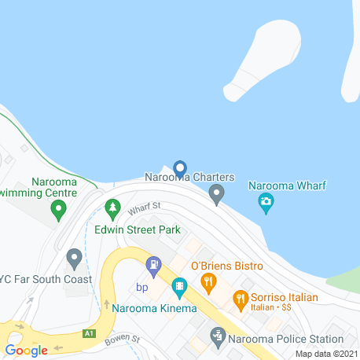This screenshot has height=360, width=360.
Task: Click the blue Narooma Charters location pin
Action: (x=179, y=168)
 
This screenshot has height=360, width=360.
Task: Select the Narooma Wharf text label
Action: (x=287, y=186)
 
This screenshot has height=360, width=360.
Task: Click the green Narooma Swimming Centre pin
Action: (x=57, y=209)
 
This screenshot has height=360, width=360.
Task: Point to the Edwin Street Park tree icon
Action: (x=112, y=208)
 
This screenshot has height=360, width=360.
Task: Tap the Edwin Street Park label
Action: (x=138, y=230)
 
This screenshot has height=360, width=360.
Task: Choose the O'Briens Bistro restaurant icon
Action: (x=208, y=281)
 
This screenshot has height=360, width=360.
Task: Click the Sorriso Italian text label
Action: (x=284, y=297)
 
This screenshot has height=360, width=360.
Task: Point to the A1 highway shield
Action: (x=89, y=333)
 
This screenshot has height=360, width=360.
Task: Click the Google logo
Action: (x=27, y=351)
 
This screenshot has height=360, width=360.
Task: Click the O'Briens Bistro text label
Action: (x=226, y=266)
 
